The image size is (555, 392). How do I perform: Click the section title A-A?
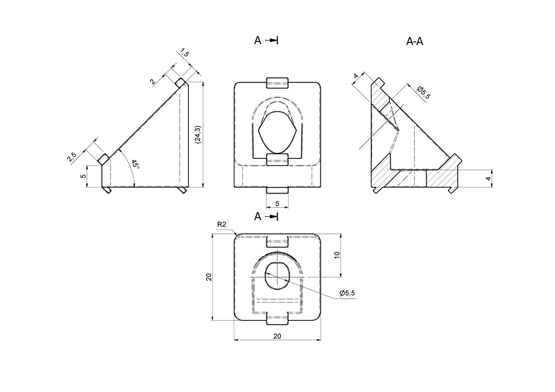(x=415, y=42)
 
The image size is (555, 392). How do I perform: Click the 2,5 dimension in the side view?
(x=72, y=157)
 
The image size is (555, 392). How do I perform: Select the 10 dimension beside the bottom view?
(x=337, y=255)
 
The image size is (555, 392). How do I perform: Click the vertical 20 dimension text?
(x=208, y=277)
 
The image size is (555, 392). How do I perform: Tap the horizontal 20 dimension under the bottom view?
(x=277, y=336)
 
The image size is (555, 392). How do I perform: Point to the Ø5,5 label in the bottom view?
(x=347, y=293)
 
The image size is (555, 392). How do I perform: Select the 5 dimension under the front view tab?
(x=277, y=203)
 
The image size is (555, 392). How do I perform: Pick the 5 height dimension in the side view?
(x=83, y=176)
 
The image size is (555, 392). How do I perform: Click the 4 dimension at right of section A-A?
(x=487, y=177)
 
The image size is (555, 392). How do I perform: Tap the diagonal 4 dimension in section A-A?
(x=356, y=76)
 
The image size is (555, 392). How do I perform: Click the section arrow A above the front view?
(x=266, y=41)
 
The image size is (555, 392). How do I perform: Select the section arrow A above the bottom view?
(x=266, y=216)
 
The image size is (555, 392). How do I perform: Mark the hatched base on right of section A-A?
(x=441, y=178)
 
